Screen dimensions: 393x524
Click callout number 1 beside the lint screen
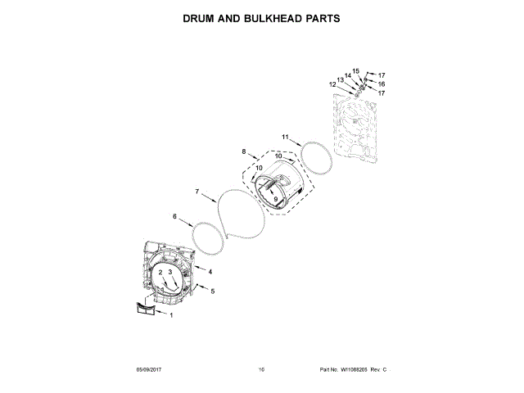click(170, 315)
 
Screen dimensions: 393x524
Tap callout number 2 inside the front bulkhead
click(160, 272)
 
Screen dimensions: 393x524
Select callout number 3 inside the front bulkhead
click(170, 272)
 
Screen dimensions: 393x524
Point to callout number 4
click(210, 271)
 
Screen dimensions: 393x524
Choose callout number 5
click(213, 291)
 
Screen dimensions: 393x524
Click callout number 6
click(174, 217)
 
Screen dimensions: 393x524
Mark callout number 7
click(197, 192)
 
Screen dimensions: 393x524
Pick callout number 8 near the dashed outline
click(244, 152)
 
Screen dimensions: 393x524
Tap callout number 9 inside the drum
click(276, 199)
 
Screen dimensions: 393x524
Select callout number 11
click(286, 137)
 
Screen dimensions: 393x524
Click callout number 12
click(332, 84)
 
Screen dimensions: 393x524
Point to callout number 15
click(356, 71)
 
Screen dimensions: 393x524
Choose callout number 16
click(381, 84)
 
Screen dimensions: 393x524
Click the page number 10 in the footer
click(261, 371)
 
